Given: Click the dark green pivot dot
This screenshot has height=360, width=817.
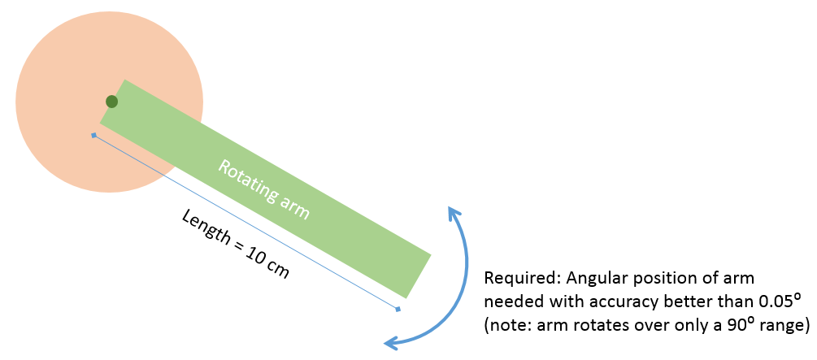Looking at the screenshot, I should click(x=112, y=102).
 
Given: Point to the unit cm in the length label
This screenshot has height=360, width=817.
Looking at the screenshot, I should click(x=277, y=269).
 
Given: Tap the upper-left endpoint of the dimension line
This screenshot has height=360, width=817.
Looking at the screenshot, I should click(x=94, y=135).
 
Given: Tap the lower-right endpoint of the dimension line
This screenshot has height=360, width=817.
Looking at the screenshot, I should click(x=398, y=309).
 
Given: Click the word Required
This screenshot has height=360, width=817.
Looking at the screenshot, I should click(x=514, y=277).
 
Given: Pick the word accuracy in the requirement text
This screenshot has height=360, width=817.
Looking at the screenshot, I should click(x=623, y=301).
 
